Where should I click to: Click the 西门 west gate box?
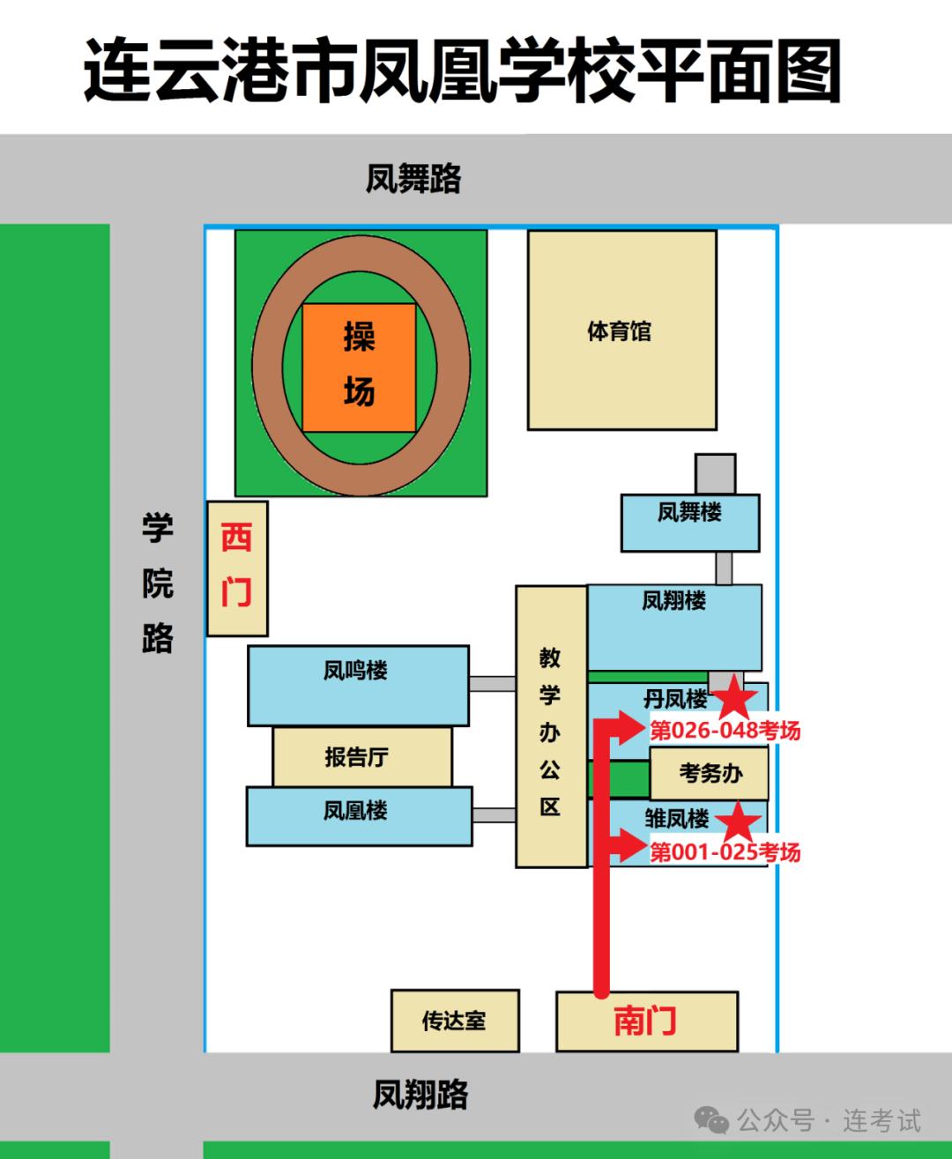[x=237, y=568]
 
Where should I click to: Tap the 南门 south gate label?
[x=644, y=1021]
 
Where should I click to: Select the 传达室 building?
[x=455, y=1021]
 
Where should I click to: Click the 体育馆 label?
[x=619, y=331]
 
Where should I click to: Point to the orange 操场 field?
[x=359, y=368]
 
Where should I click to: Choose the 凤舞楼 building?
[x=690, y=523]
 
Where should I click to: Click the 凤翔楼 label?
[x=673, y=601]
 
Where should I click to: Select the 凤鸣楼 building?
[x=358, y=686]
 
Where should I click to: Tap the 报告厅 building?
[x=362, y=757]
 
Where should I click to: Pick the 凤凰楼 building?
[x=359, y=816]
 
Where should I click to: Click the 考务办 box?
[x=709, y=773]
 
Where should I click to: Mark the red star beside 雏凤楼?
[x=738, y=821]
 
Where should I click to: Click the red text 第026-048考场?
[x=725, y=731]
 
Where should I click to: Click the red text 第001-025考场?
[x=725, y=851]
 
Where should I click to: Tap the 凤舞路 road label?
[x=413, y=178]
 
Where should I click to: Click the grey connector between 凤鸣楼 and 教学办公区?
[x=492, y=683]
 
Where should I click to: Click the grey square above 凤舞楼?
[x=715, y=473]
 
